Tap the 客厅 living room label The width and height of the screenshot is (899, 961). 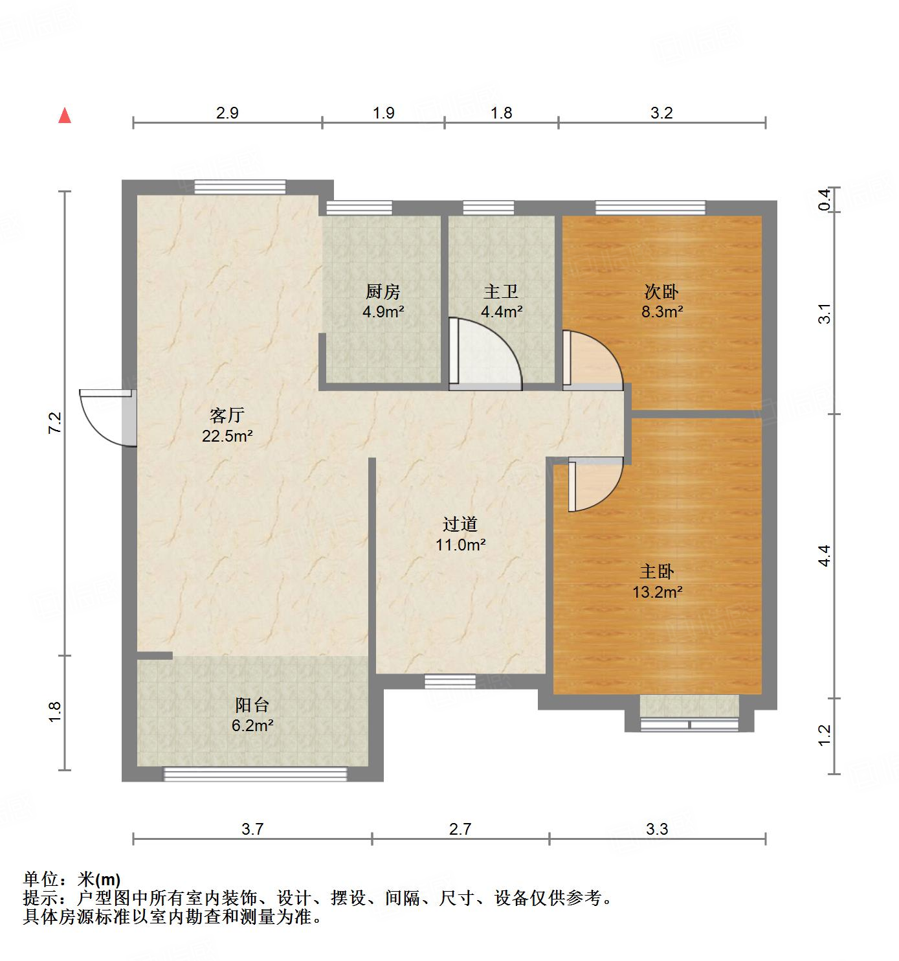coord(227,414)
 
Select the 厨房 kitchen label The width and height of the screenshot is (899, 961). coord(383,292)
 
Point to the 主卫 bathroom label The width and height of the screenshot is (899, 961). coord(501,292)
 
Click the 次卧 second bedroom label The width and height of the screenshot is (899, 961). coord(661,291)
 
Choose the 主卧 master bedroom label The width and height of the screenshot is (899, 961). coord(658,571)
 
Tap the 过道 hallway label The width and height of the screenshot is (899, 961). coord(460,524)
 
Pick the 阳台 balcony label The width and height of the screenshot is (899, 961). coord(252,705)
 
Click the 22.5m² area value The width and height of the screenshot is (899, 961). coord(227,436)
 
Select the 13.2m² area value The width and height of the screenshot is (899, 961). coord(658,592)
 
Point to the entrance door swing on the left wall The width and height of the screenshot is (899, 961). coord(104,416)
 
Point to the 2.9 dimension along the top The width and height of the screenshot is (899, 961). coord(227,113)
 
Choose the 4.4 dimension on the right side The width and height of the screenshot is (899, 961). coord(824,556)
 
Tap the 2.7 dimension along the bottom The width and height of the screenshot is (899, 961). coord(460,829)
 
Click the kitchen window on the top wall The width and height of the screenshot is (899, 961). coord(359,208)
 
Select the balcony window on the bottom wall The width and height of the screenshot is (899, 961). coord(256,773)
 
